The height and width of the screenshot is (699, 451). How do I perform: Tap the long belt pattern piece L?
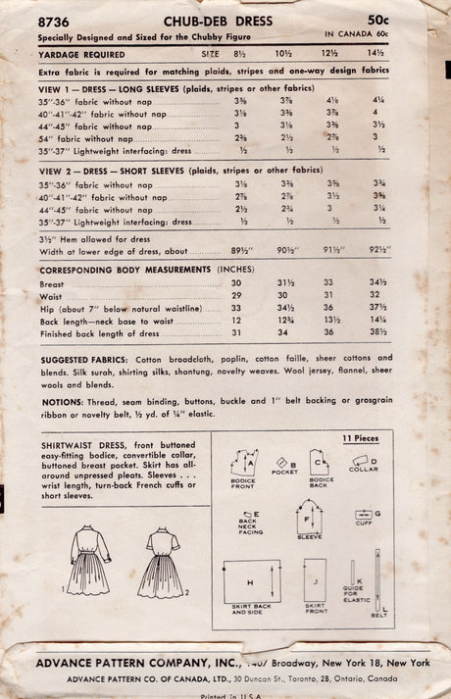376,582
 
